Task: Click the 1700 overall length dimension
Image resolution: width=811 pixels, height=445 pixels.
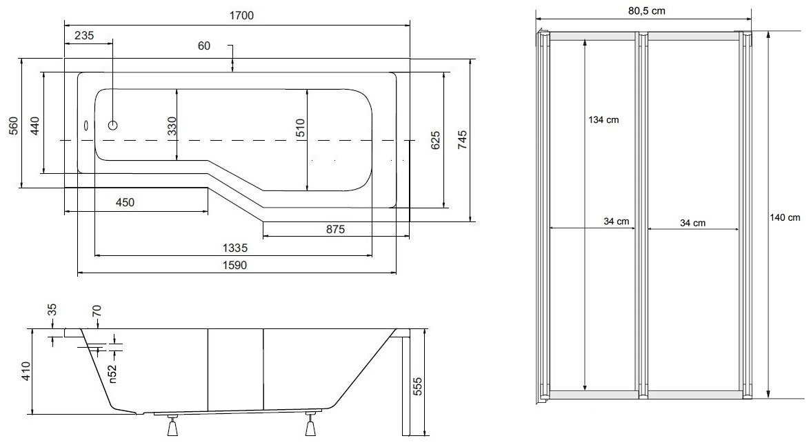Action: click(241, 15)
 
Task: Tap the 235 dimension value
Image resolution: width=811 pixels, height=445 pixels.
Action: click(84, 35)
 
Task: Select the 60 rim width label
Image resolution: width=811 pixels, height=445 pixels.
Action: click(204, 46)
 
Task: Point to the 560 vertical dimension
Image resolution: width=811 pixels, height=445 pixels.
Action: click(14, 126)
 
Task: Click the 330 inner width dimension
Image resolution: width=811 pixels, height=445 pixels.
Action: click(172, 126)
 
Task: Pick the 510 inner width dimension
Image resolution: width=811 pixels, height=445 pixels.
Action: click(301, 128)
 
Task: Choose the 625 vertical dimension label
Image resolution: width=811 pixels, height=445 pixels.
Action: click(436, 140)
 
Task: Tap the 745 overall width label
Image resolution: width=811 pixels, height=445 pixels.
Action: click(462, 140)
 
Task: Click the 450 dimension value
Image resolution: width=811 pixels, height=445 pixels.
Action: click(125, 202)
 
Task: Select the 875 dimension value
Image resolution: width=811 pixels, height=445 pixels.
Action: click(335, 229)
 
